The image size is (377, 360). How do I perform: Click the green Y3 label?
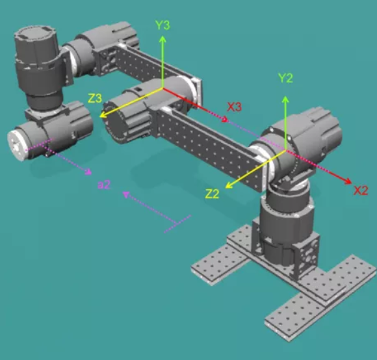[162, 25]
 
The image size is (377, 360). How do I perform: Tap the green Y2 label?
[285, 78]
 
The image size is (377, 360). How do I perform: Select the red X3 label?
[235, 107]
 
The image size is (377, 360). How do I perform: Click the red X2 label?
[361, 190]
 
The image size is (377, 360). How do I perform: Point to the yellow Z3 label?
[95, 98]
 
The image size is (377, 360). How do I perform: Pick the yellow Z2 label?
[213, 194]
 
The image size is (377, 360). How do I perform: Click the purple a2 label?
[104, 185]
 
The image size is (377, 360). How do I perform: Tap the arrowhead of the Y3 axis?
[162, 39]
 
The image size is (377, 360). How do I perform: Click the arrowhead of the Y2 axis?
[285, 99]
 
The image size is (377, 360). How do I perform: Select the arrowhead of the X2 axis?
[348, 181]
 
